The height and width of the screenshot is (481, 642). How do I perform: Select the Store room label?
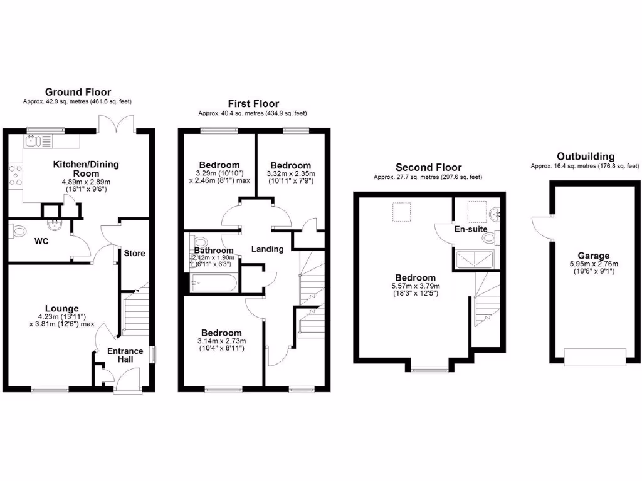click(134, 253)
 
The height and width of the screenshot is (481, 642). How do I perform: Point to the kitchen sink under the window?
click(33, 140)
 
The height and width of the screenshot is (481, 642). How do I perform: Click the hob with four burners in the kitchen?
click(15, 176)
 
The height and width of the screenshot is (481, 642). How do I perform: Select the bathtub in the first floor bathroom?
click(213, 283)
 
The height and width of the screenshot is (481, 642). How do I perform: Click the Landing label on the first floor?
click(268, 249)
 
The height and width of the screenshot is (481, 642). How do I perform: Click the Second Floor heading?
click(428, 167)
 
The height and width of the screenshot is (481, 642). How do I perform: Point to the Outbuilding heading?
click(586, 156)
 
